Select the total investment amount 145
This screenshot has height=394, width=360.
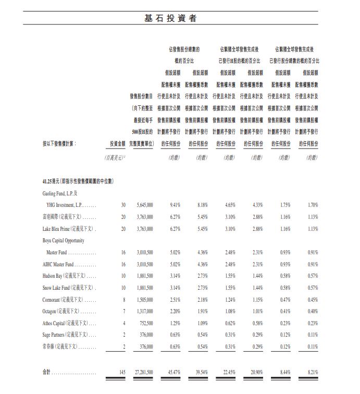(122, 373)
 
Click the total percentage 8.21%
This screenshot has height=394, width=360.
(312, 373)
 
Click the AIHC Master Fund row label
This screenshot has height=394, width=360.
(58, 264)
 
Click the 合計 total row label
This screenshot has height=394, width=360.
(47, 373)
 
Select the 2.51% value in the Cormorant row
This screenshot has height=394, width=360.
(175, 300)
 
